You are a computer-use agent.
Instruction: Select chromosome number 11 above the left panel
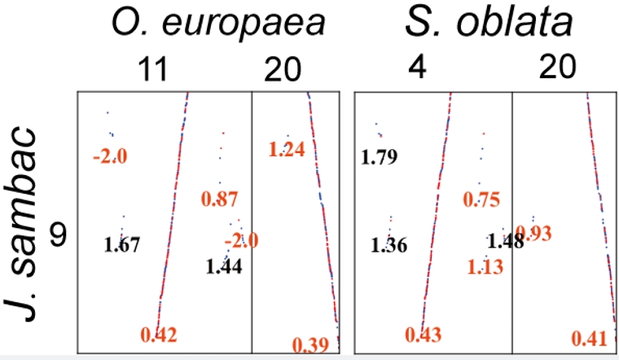(152, 72)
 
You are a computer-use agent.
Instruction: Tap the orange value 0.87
(219, 199)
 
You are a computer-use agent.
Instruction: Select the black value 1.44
(223, 266)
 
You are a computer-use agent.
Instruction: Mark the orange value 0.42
(158, 334)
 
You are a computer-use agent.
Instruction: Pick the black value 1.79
(380, 157)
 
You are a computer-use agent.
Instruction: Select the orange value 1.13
(487, 266)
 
